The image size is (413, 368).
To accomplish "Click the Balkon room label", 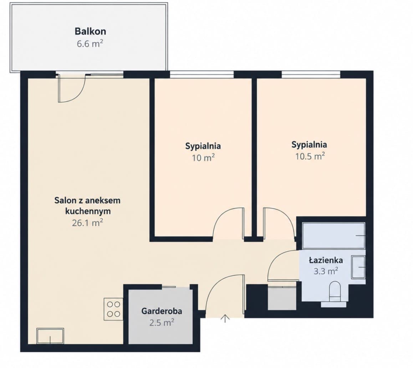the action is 90,31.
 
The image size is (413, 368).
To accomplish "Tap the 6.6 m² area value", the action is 90,44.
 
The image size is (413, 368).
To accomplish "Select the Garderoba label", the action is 162,311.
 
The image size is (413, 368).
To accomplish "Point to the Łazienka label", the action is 326,260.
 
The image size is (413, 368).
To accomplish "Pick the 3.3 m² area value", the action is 326,271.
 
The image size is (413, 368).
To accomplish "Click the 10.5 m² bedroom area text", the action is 310,156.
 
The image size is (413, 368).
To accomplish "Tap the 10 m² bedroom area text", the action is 203,158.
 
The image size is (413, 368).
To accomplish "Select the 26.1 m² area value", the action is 87,223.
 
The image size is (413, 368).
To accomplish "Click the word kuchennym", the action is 88,211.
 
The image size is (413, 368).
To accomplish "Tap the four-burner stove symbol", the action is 113,309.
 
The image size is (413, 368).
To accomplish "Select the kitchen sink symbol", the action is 50,336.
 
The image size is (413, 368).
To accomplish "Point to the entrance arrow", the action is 225,318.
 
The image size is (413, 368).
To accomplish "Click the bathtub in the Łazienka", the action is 334,236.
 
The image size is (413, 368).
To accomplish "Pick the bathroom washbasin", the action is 358,267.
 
